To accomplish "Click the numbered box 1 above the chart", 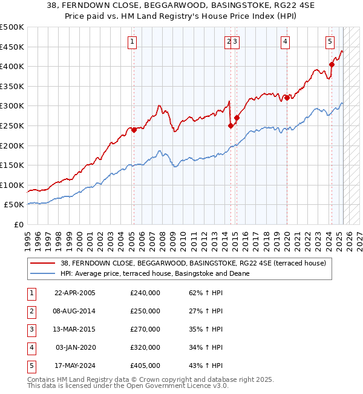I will (132, 42).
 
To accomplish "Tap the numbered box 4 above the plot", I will (284, 42).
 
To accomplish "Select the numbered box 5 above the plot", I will (330, 42).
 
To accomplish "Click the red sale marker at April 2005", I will (134, 130).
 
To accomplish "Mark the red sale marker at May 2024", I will (332, 64).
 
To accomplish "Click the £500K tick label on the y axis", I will (12, 27).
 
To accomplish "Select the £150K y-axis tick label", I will (12, 165).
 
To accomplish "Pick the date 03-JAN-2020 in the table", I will (76, 348).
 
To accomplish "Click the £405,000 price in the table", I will (145, 366).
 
